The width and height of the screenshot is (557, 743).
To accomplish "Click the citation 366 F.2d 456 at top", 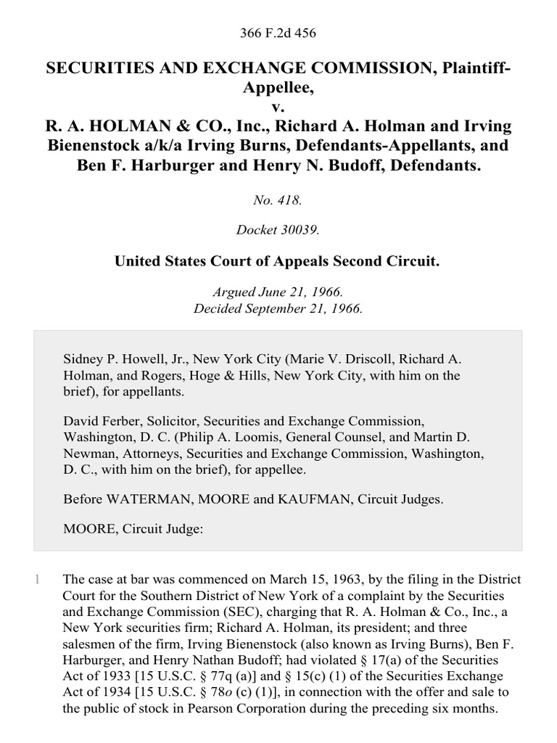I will (x=278, y=33).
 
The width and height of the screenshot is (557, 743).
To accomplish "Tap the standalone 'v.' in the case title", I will (x=278, y=107).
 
